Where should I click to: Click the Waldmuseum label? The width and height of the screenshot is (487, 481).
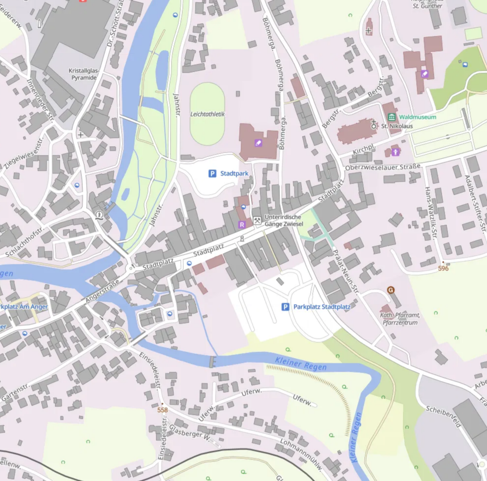(417, 117)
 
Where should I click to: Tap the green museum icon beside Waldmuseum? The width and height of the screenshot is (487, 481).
(392, 117)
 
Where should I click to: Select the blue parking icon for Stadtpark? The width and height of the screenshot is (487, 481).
(212, 173)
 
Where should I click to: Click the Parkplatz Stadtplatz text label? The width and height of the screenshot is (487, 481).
(321, 307)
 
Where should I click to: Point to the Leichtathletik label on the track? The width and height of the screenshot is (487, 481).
(207, 114)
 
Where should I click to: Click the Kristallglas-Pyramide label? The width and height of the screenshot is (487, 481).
(84, 74)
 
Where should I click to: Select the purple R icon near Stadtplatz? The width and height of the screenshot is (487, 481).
(242, 225)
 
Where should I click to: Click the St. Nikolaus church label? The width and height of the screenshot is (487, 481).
(397, 126)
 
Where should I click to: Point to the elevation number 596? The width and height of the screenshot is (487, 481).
(443, 268)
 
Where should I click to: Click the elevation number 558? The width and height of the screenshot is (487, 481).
(162, 410)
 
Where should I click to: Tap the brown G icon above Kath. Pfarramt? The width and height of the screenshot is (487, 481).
(390, 290)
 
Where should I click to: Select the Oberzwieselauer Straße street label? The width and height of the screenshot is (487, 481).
(383, 167)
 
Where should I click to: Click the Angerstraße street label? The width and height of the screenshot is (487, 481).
(102, 291)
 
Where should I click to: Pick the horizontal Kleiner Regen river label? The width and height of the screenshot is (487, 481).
(301, 364)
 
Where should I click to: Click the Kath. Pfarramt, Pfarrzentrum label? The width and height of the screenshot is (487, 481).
(400, 319)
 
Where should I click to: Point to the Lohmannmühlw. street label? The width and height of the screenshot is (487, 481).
(302, 455)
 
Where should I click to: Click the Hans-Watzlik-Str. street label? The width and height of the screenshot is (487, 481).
(430, 211)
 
